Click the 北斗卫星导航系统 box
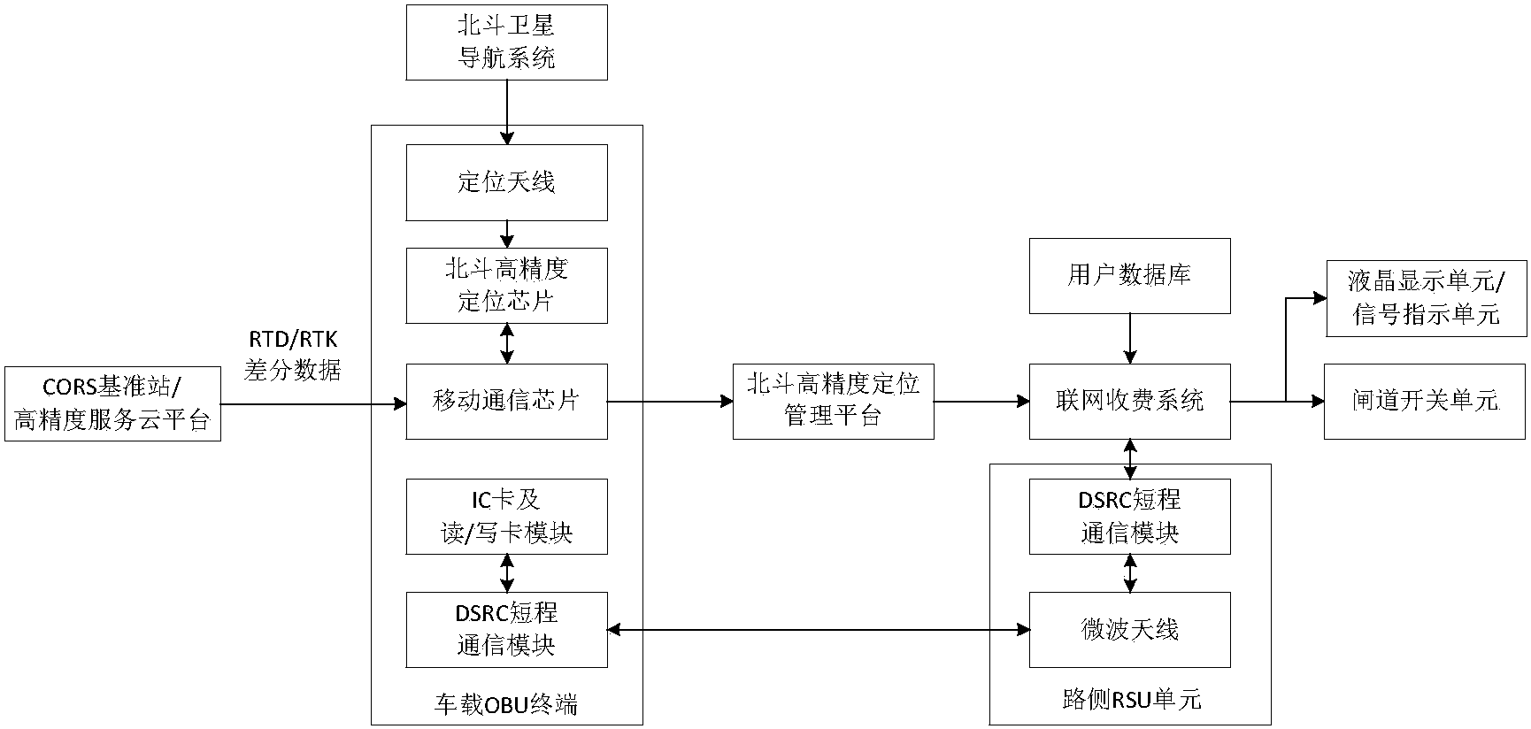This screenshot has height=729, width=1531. point(506,42)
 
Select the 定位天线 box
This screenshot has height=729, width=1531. point(506,182)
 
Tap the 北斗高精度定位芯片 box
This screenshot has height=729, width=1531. point(506,285)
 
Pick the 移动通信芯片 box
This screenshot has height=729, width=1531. point(506,401)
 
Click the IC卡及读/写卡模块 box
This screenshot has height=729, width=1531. point(506,517)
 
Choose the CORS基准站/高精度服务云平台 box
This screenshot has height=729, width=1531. point(112,403)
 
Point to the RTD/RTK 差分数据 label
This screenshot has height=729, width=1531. point(293,356)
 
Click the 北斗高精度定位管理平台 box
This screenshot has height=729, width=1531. point(833,401)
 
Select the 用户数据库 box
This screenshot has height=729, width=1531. point(1129,275)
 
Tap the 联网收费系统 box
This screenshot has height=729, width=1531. point(1129,401)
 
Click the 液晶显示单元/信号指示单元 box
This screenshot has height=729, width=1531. point(1426,298)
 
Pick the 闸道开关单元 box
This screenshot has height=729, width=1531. point(1425,401)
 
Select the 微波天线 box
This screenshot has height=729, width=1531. point(1129,629)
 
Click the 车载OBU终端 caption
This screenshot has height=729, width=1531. point(506,704)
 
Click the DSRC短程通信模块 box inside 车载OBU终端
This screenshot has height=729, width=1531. point(506,629)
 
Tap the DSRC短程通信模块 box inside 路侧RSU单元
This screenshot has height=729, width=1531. point(1129,517)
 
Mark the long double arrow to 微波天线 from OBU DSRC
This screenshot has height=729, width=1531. point(819,629)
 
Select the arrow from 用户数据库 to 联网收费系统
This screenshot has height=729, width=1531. point(1129,338)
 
